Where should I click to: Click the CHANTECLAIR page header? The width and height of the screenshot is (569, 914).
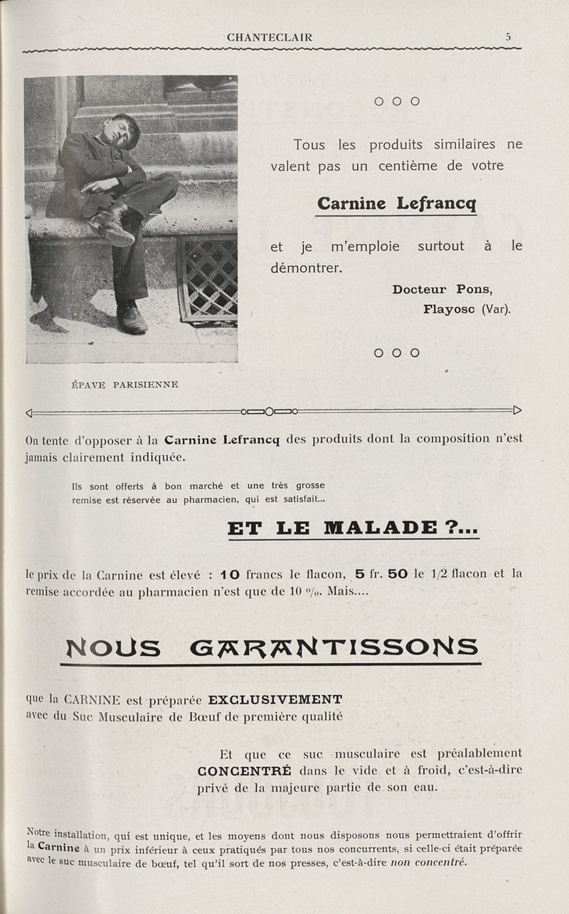click(x=269, y=38)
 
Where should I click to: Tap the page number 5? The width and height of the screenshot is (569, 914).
click(x=509, y=37)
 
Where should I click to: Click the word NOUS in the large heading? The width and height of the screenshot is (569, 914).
click(x=112, y=647)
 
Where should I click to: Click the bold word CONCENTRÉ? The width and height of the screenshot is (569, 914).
click(x=244, y=771)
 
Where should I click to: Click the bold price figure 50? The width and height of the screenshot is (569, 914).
click(x=397, y=574)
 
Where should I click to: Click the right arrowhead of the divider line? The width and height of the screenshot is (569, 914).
click(x=517, y=410)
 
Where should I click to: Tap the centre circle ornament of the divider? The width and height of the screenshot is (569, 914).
click(x=270, y=411)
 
